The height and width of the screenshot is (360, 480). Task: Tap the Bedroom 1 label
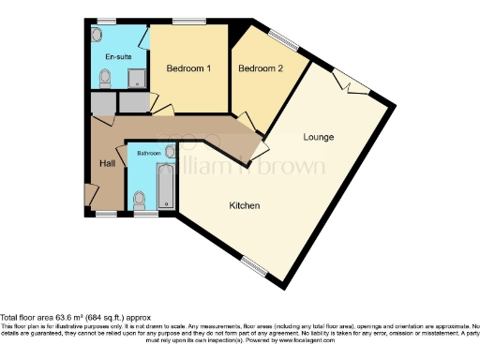[x=188, y=69]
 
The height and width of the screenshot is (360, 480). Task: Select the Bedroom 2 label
[x=259, y=68]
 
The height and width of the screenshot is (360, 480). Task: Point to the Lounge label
[x=318, y=138]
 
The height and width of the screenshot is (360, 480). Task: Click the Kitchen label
[x=245, y=205]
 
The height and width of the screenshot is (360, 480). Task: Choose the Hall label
[x=108, y=165]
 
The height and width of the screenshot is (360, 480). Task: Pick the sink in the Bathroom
[x=170, y=150]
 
